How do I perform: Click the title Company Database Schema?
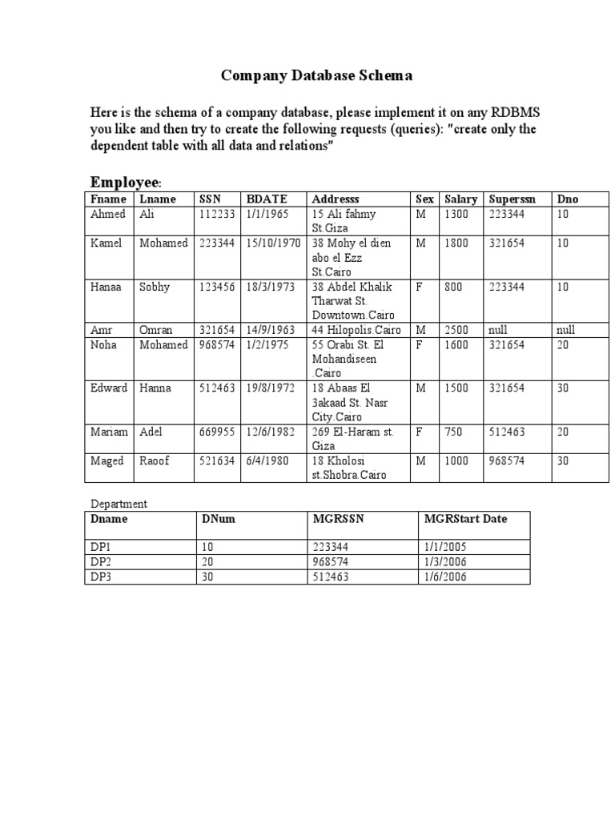coord(316,76)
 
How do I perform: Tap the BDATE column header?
coord(266,199)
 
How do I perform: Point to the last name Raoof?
coord(155,460)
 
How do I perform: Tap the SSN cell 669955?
coord(216,432)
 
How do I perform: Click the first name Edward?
coord(109,388)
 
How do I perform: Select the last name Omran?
coord(156,330)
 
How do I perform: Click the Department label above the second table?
coord(119,504)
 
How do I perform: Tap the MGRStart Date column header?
coord(465,519)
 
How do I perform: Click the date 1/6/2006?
coord(445,577)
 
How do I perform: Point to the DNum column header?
coord(219,519)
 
